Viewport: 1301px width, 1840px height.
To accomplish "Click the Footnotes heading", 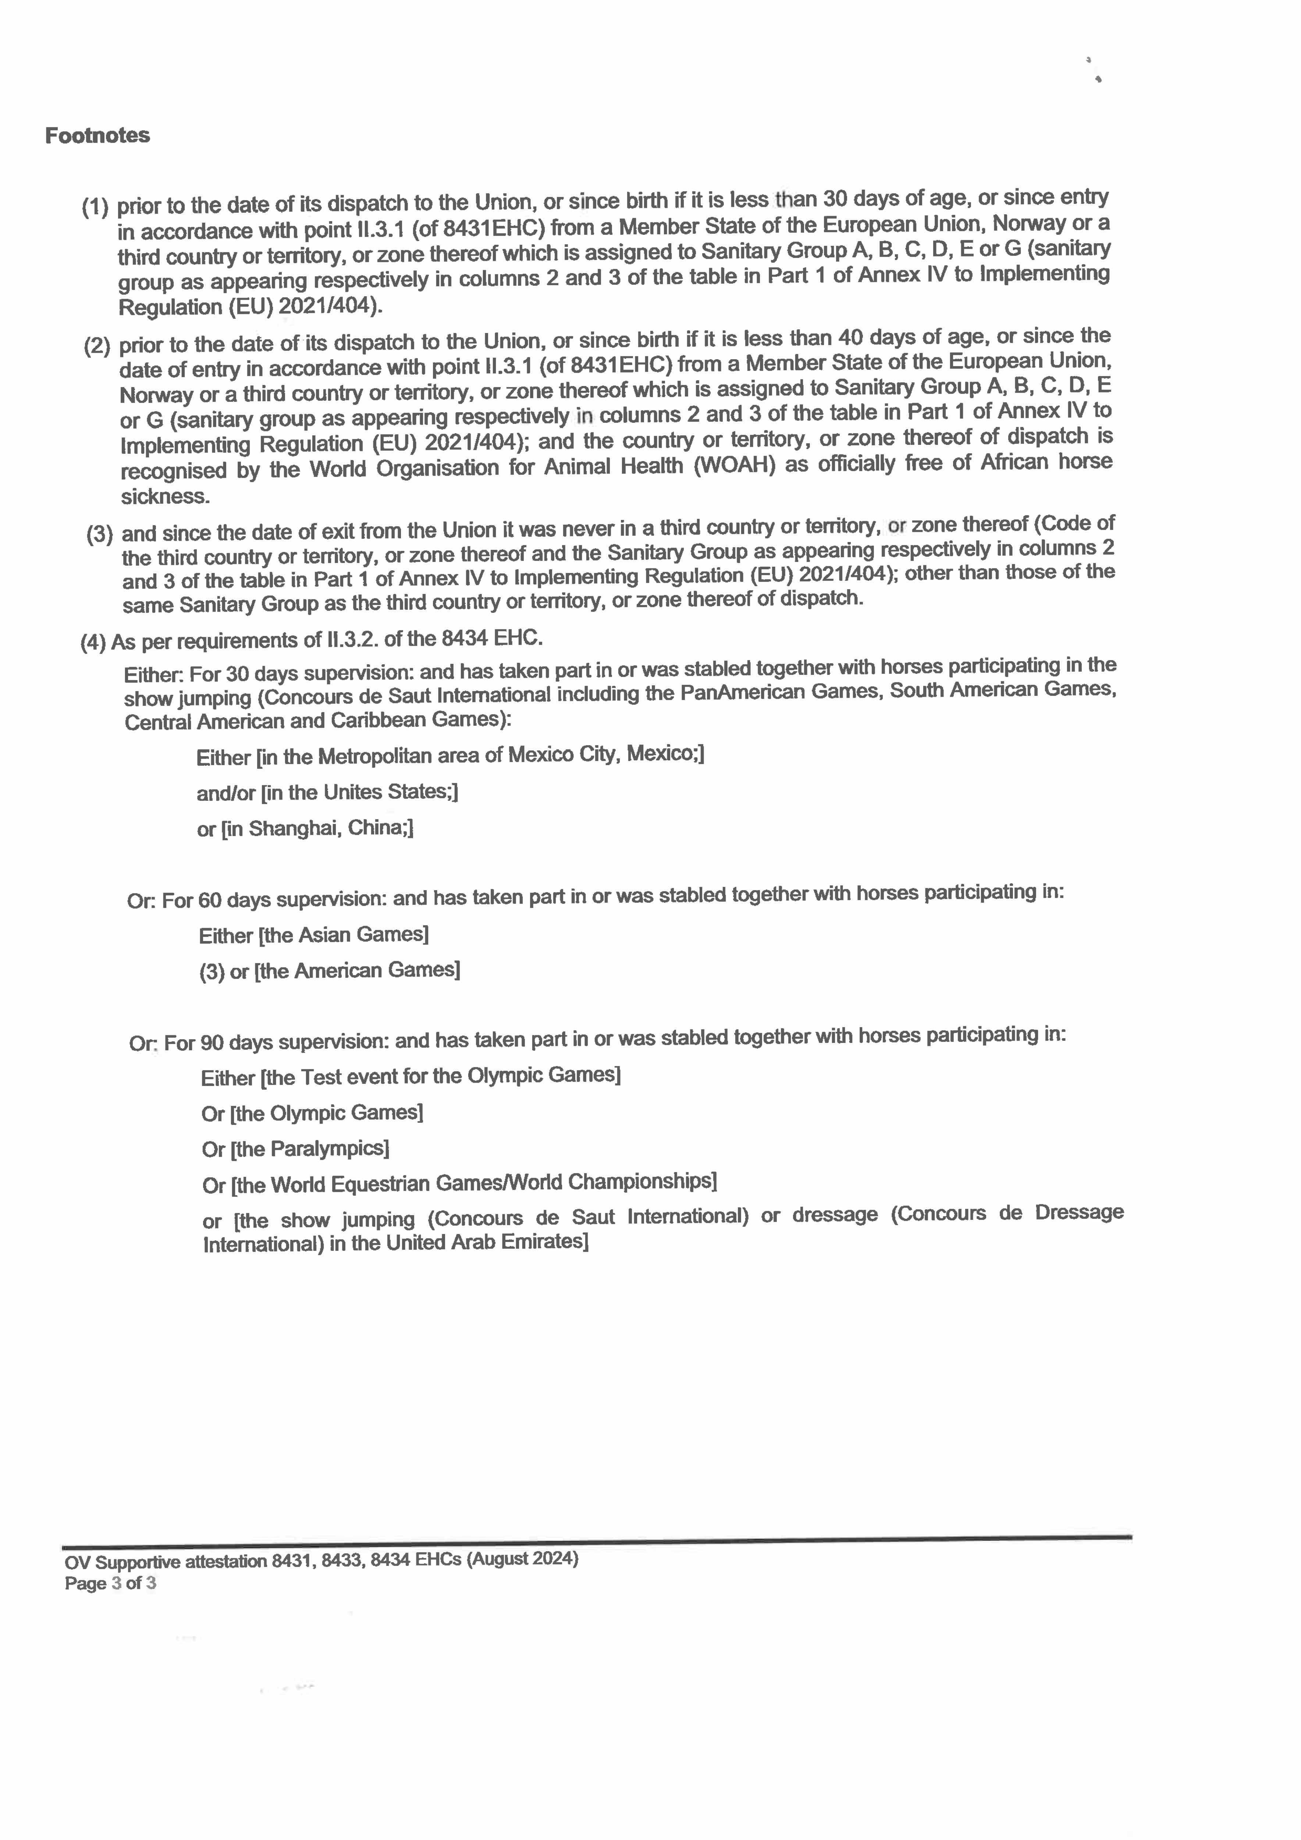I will [x=97, y=135].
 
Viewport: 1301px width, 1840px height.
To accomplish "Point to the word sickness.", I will [x=165, y=497].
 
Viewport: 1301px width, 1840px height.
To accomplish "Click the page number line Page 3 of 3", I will [x=111, y=1583].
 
